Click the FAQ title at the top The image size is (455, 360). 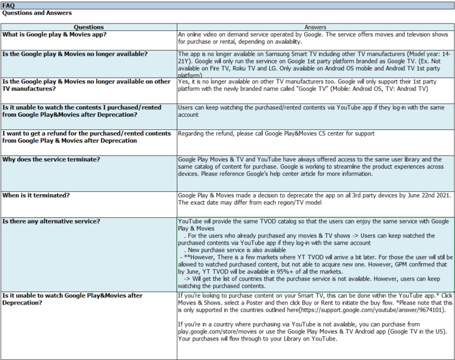[x=8, y=4]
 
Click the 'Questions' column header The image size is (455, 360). [x=88, y=27]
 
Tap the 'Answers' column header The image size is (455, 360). [x=315, y=27]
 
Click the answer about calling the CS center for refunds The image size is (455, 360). [x=276, y=133]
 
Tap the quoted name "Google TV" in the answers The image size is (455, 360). [x=313, y=88]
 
